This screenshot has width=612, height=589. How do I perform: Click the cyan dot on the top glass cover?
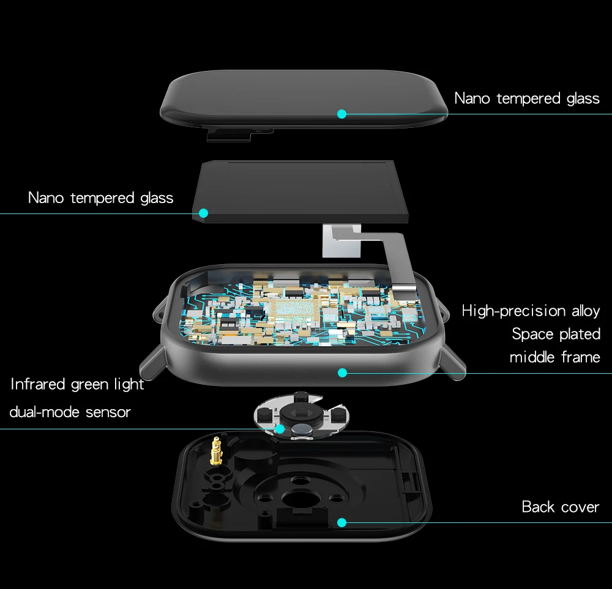coord(342,114)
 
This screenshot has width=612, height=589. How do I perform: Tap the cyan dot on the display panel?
coord(203,213)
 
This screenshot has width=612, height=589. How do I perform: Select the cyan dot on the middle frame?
coord(342,372)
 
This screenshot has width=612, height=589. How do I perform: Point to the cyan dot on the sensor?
coord(280,429)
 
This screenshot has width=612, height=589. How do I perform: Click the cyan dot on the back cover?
coord(342,522)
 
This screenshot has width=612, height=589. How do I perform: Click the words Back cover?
coord(561,506)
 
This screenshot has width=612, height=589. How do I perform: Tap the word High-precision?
coord(513,311)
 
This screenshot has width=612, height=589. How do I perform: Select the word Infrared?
coord(38,384)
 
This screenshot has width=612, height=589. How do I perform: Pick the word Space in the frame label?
coord(533,335)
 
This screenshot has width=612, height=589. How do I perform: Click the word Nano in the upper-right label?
coord(472,98)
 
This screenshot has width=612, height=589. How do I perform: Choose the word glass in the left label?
coord(157,198)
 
